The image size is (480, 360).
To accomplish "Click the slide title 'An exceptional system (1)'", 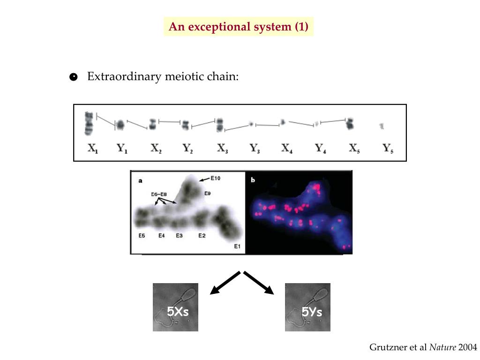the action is (239, 27).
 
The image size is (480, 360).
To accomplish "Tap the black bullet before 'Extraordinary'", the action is (73, 77).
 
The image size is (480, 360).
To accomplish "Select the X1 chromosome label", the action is (93, 149).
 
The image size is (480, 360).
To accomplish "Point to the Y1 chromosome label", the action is (122, 149).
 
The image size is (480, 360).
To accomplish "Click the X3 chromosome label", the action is (223, 149).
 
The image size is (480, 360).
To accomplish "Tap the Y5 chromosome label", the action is (388, 149).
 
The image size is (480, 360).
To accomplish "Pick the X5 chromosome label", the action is (355, 149).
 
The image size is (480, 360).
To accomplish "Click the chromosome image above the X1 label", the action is (89, 123).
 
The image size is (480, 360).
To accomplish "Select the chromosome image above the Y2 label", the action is (186, 125).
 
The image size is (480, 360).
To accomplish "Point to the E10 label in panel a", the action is (215, 178).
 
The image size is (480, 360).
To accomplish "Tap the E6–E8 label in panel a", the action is (159, 194).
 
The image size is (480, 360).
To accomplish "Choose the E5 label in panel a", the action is (142, 235).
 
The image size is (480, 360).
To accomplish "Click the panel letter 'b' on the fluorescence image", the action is (253, 180).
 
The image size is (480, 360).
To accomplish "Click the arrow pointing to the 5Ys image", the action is (259, 284).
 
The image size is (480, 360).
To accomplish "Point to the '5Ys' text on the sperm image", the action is (311, 312).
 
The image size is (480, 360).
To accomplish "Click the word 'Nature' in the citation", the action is (443, 347).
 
